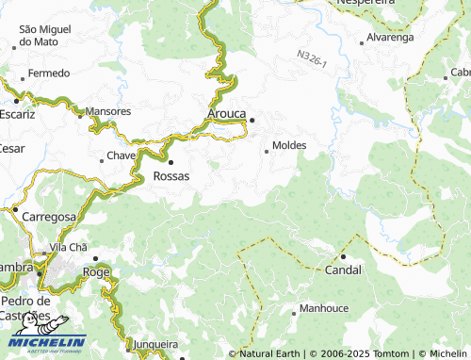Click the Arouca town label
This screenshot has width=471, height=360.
[x=228, y=115]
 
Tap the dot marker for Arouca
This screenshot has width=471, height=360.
[x=252, y=119]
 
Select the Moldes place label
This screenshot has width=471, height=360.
[x=289, y=146]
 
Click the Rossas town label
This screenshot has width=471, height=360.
[x=171, y=176]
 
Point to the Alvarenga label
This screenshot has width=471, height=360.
[x=390, y=40]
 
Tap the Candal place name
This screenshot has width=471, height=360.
[x=343, y=270]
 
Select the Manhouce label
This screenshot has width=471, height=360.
[x=324, y=309]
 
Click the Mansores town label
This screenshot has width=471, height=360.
[x=108, y=111]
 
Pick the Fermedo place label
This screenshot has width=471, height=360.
[x=49, y=74]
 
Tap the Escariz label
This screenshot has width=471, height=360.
[x=18, y=113]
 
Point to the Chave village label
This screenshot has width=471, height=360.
[x=122, y=155]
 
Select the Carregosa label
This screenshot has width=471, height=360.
[x=49, y=217]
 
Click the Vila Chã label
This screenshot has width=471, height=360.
[x=68, y=247]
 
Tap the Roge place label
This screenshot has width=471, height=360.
[x=96, y=271]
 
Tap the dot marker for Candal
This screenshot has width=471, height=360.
[x=344, y=256]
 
